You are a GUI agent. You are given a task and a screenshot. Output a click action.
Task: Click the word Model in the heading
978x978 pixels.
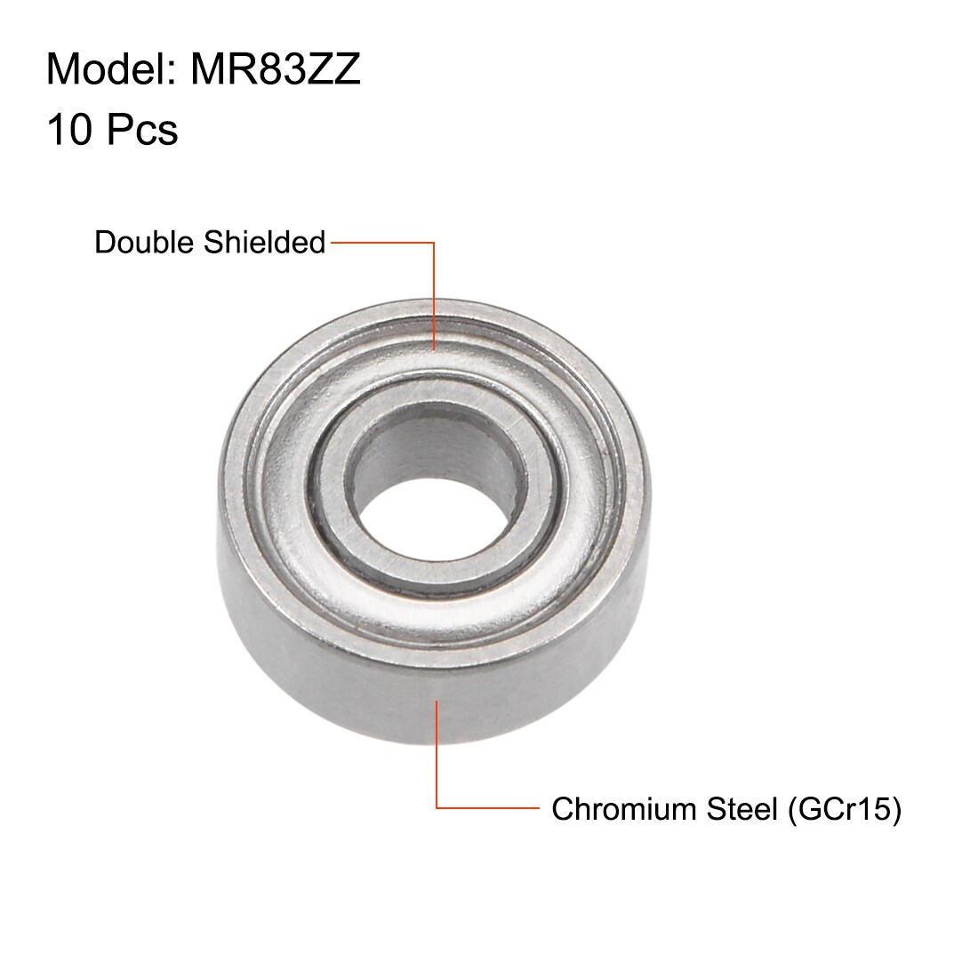100,70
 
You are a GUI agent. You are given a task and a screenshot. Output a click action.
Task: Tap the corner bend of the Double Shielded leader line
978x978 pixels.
435,242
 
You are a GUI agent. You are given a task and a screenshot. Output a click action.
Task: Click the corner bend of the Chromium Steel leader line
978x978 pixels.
437,808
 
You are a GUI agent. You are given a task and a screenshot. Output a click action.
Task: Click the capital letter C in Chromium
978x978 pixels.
562,809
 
